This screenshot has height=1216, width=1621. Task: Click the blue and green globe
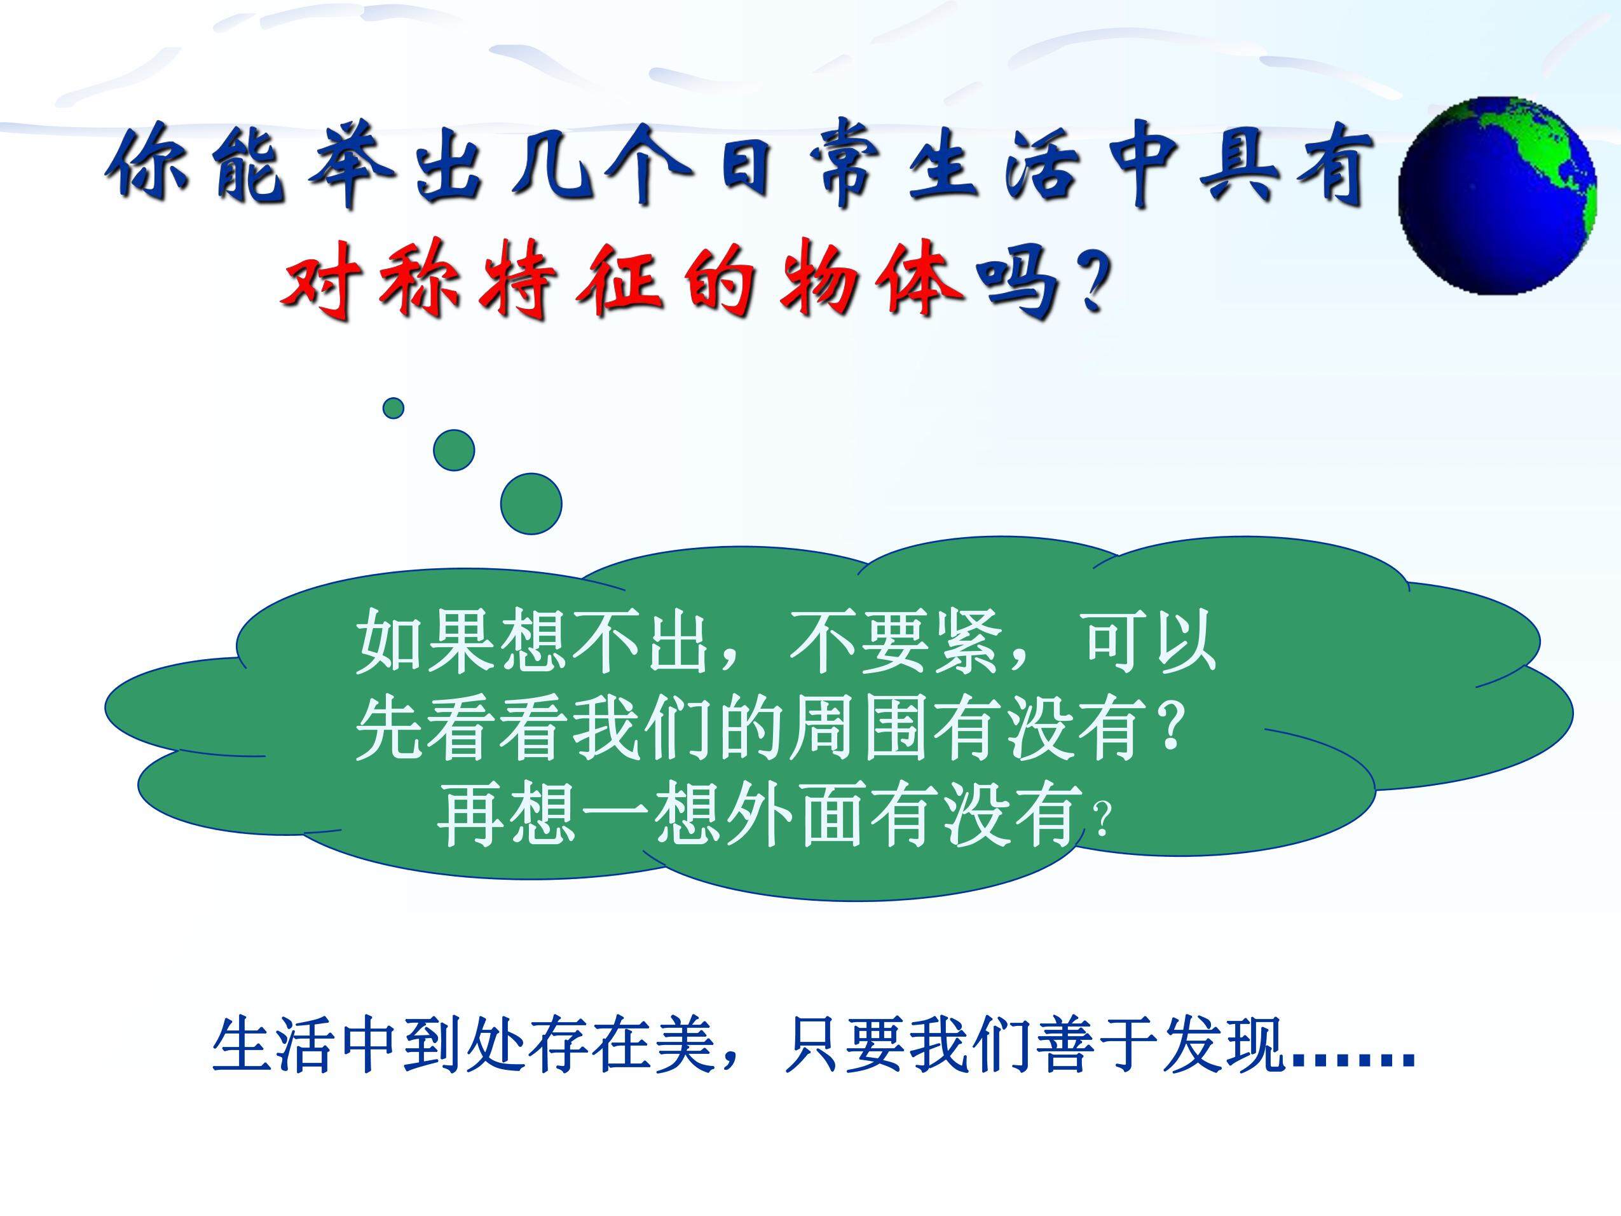1497,196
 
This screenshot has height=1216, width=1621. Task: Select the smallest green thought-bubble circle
393,408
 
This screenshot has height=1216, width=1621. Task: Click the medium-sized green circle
454,450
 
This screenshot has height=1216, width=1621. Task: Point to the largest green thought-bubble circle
531,503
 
